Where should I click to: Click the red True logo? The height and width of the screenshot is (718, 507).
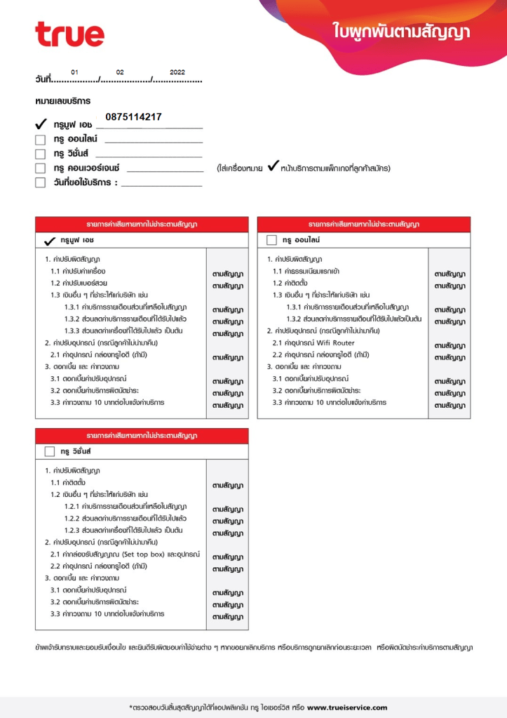point(69,34)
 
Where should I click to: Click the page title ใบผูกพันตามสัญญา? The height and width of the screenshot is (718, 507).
point(402,32)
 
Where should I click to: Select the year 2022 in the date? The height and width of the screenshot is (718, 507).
point(177,72)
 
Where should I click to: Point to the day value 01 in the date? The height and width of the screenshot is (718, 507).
point(75,72)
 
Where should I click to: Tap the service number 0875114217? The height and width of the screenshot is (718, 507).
point(133,117)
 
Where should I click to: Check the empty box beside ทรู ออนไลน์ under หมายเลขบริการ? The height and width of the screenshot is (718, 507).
point(41,140)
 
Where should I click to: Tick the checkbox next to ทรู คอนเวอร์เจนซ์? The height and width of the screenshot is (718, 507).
point(41,168)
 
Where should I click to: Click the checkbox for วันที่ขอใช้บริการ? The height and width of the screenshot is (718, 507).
point(41,183)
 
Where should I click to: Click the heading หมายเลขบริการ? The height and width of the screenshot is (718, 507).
point(62,102)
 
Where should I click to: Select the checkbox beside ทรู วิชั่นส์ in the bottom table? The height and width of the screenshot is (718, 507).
point(50,451)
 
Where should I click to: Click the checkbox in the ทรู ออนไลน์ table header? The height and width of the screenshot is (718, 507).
point(272,240)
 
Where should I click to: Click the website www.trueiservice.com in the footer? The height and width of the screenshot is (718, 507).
point(346,707)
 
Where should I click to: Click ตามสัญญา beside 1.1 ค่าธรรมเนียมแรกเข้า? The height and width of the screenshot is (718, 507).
point(450,274)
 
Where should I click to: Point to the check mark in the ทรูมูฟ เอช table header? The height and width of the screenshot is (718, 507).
point(50,240)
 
